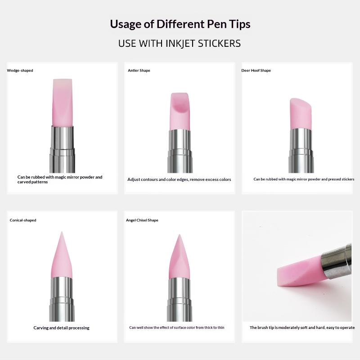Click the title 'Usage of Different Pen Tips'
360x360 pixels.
pyautogui.click(x=180, y=24)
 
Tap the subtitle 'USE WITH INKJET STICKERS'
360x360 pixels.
pyautogui.click(x=180, y=43)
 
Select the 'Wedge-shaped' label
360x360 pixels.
pyautogui.click(x=20, y=71)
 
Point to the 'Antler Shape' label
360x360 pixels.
pyautogui.click(x=139, y=71)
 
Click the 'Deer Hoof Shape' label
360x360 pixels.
pyautogui.click(x=256, y=71)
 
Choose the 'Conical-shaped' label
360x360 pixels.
pyautogui.click(x=23, y=220)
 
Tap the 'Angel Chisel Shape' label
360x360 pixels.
pyautogui.click(x=142, y=220)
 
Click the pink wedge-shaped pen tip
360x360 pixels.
pyautogui.click(x=63, y=103)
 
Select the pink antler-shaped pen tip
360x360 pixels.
pyautogui.click(x=180, y=111)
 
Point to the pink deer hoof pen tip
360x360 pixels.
pyautogui.click(x=301, y=114)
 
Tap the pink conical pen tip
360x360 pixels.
pyautogui.click(x=62, y=255)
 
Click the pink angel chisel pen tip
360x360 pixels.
pyautogui.click(x=179, y=256)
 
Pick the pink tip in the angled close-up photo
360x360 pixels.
pyautogui.click(x=300, y=272)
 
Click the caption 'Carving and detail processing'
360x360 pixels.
pyautogui.click(x=61, y=328)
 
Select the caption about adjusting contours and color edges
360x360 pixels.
pyautogui.click(x=179, y=180)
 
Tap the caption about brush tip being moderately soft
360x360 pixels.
pyautogui.click(x=302, y=328)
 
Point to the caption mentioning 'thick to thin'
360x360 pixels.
pyautogui.click(x=177, y=328)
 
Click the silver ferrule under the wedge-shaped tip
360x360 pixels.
pyautogui.click(x=62, y=149)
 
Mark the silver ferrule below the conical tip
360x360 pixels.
pyautogui.click(x=62, y=299)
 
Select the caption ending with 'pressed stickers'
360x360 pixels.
pyautogui.click(x=304, y=179)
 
